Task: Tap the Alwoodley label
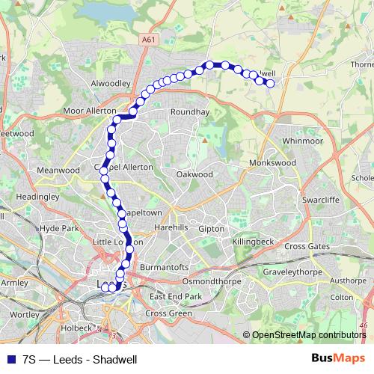(111, 84)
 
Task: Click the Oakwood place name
(194, 174)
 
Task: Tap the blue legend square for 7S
(10, 358)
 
